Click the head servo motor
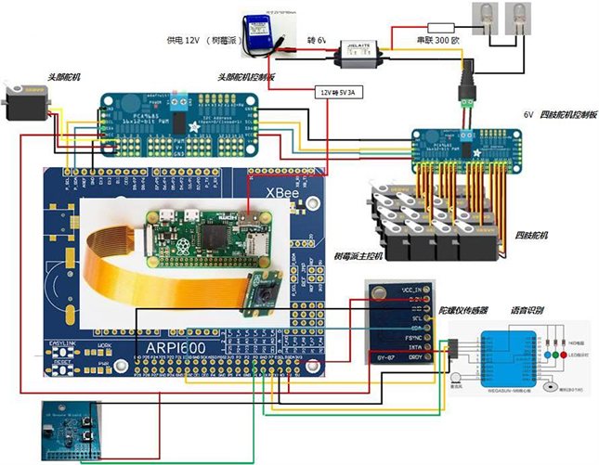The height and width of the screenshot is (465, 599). pyautogui.click(x=25, y=102)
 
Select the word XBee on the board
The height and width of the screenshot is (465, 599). pyautogui.click(x=283, y=193)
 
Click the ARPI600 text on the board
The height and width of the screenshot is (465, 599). pyautogui.click(x=175, y=345)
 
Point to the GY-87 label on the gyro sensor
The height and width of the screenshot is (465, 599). pyautogui.click(x=388, y=357)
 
